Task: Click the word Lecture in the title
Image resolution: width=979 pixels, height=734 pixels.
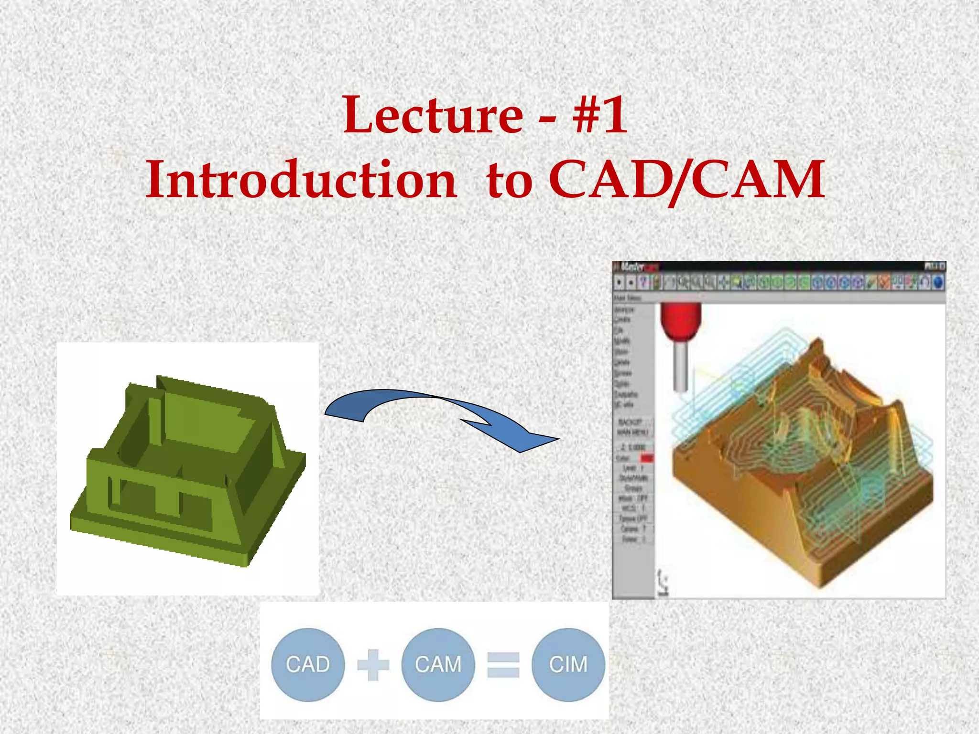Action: pos(433,116)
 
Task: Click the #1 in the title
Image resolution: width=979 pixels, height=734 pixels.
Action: pos(600,116)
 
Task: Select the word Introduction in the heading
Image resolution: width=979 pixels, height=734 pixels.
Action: pos(301,180)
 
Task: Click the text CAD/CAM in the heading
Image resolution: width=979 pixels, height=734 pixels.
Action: pos(686,180)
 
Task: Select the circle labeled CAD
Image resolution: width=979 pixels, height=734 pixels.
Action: pos(308,665)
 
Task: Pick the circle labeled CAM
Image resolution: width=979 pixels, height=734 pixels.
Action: pos(438,665)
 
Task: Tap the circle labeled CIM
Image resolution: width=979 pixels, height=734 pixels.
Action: pos(568,665)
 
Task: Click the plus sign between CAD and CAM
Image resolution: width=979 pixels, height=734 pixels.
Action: pos(373,665)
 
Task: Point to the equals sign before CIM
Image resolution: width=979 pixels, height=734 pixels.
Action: pos(503,665)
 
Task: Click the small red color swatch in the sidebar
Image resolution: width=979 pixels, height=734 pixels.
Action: pos(646,458)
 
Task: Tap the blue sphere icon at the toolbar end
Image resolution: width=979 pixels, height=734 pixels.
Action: pos(938,283)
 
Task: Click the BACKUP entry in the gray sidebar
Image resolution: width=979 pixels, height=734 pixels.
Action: pos(630,422)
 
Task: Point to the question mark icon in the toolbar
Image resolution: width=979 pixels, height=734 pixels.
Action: pos(643,283)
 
